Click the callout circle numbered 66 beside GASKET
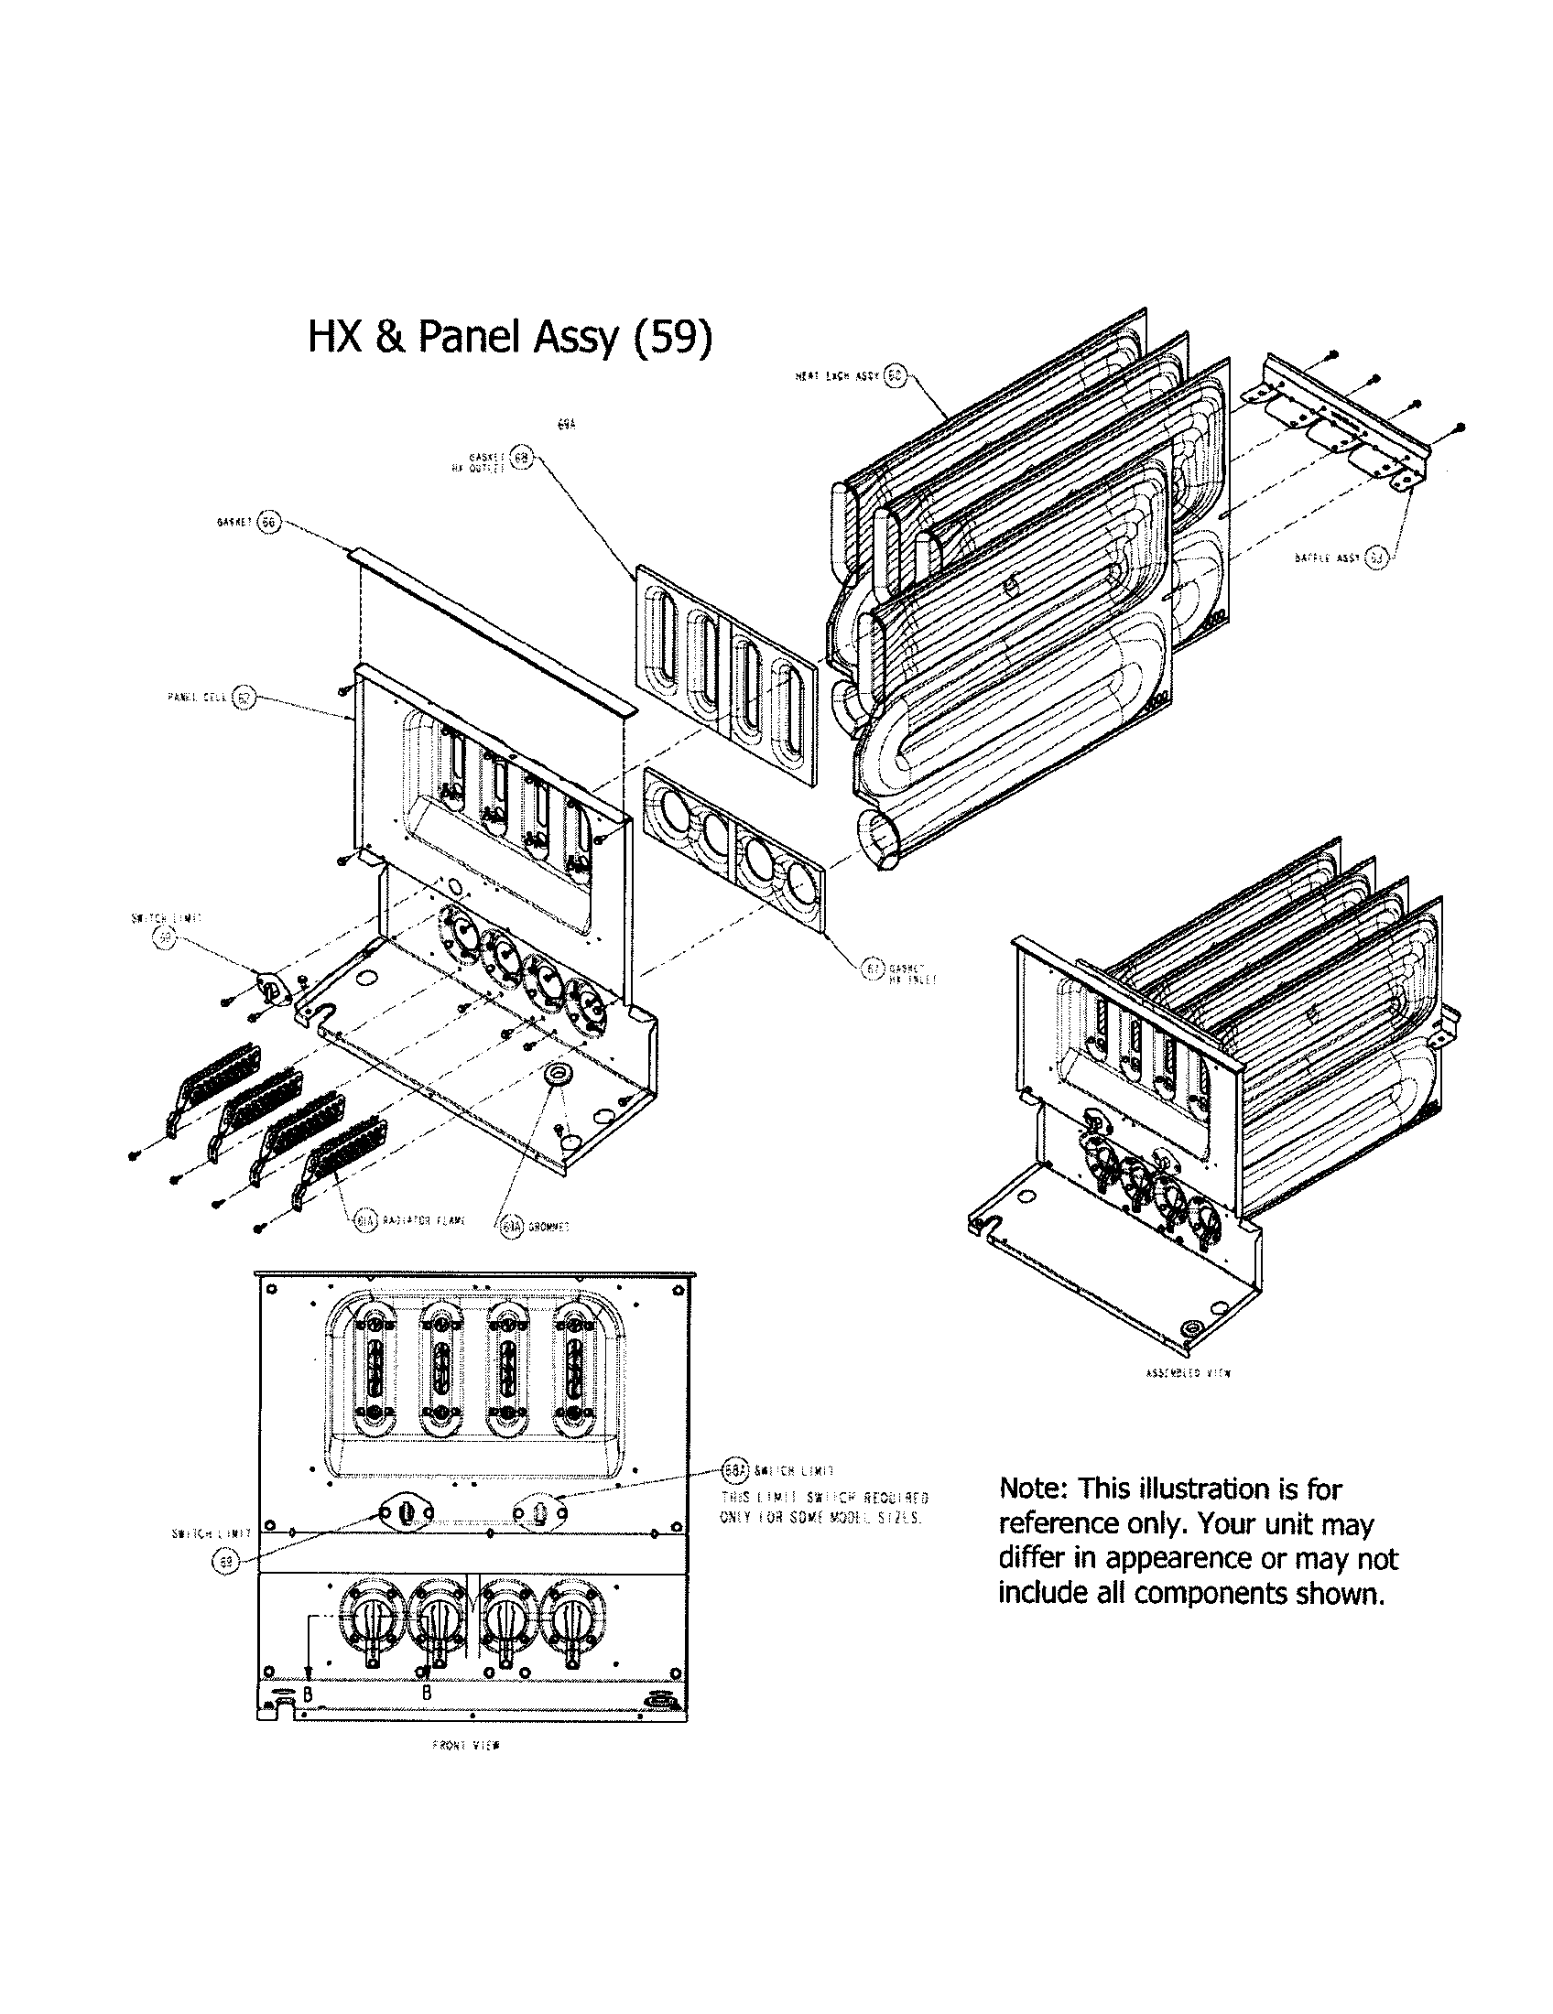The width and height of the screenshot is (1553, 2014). click(x=268, y=522)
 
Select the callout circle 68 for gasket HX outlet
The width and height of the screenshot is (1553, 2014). click(x=521, y=459)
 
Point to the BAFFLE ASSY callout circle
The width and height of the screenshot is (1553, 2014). click(x=1375, y=558)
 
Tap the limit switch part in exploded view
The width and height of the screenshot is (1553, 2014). click(x=270, y=989)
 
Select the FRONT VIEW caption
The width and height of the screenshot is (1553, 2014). click(x=465, y=1746)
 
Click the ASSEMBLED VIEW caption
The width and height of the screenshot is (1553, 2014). click(x=1187, y=1373)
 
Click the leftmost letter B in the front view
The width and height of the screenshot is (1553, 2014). click(x=309, y=1694)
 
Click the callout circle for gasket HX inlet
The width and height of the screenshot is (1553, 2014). click(x=872, y=968)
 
